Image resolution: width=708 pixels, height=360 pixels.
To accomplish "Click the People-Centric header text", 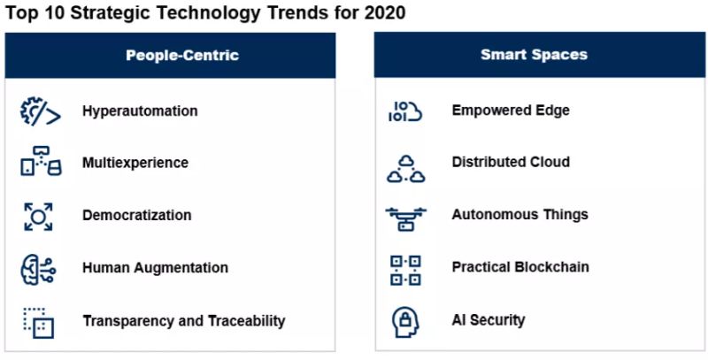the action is [x=182, y=55].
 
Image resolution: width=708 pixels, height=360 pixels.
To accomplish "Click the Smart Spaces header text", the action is [x=535, y=55].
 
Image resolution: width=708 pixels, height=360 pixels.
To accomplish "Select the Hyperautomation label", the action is [x=140, y=111].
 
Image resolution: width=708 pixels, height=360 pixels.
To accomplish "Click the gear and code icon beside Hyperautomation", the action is [x=40, y=111].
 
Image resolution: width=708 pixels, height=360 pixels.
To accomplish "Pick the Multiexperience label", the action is [x=135, y=163].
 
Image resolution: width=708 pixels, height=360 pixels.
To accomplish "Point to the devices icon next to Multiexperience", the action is [x=41, y=161].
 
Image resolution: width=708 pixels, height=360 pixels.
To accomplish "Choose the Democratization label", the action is [x=137, y=215].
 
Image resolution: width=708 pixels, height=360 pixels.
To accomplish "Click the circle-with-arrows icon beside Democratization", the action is [x=38, y=217].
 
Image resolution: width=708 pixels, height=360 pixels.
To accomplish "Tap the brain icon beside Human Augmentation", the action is [x=38, y=269].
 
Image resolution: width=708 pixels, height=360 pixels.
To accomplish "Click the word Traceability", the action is [x=246, y=321].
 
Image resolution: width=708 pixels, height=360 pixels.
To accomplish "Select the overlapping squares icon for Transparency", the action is [x=38, y=323].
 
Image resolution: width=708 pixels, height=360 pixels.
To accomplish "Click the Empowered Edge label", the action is [x=511, y=110].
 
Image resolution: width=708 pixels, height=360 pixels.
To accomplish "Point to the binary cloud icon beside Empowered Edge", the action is [x=405, y=111].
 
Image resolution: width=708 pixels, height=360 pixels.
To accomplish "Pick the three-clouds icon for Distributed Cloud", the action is [x=406, y=169].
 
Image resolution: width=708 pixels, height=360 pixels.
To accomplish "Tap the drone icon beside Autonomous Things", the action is [x=406, y=219].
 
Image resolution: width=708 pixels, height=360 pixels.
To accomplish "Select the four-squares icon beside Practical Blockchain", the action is [x=405, y=271].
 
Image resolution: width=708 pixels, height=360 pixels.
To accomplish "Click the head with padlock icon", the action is [x=405, y=322].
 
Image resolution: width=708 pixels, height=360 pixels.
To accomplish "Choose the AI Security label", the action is [x=489, y=320].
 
